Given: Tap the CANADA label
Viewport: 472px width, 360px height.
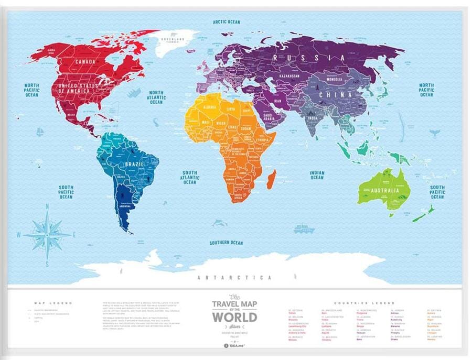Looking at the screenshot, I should tap(85, 62).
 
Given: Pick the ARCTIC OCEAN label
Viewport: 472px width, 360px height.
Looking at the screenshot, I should tap(226, 22).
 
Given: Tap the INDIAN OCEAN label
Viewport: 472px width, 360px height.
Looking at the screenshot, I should tap(317, 175).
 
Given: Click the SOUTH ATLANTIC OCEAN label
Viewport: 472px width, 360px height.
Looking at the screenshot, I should tap(190, 177).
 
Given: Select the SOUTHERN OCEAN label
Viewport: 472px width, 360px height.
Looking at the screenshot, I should tap(226, 243).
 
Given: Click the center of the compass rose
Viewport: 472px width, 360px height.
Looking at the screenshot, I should tap(48, 233).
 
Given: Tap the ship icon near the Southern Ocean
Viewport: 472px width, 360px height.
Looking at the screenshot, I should tap(304, 228).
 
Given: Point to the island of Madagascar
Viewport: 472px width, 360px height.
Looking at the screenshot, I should tap(271, 179).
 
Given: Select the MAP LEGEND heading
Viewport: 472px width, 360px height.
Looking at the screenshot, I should tap(52, 303).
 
